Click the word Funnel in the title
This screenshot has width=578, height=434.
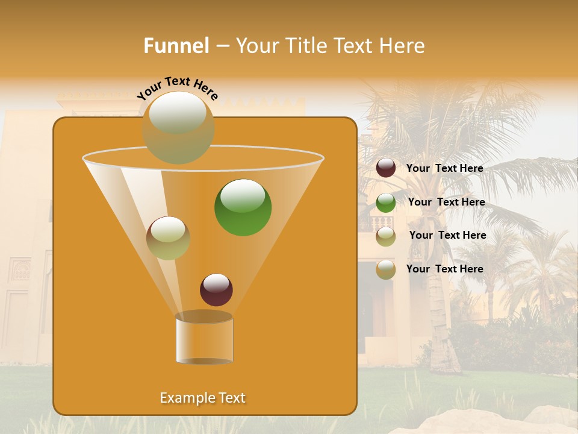(176, 46)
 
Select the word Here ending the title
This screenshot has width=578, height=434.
(403, 46)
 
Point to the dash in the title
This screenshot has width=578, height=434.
(222, 46)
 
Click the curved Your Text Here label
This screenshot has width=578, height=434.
(177, 88)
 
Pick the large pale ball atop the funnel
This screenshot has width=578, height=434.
(178, 127)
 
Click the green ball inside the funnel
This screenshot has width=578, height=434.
(243, 207)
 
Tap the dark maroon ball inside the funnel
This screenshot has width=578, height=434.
(216, 290)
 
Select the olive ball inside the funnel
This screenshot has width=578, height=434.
(168, 238)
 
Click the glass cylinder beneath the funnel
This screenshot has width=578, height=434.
(204, 341)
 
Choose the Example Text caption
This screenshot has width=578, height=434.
(203, 398)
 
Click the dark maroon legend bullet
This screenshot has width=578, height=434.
(386, 168)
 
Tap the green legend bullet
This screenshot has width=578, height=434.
(386, 203)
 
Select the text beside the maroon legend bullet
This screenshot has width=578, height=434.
(444, 168)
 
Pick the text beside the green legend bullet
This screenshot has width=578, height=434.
(446, 202)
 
